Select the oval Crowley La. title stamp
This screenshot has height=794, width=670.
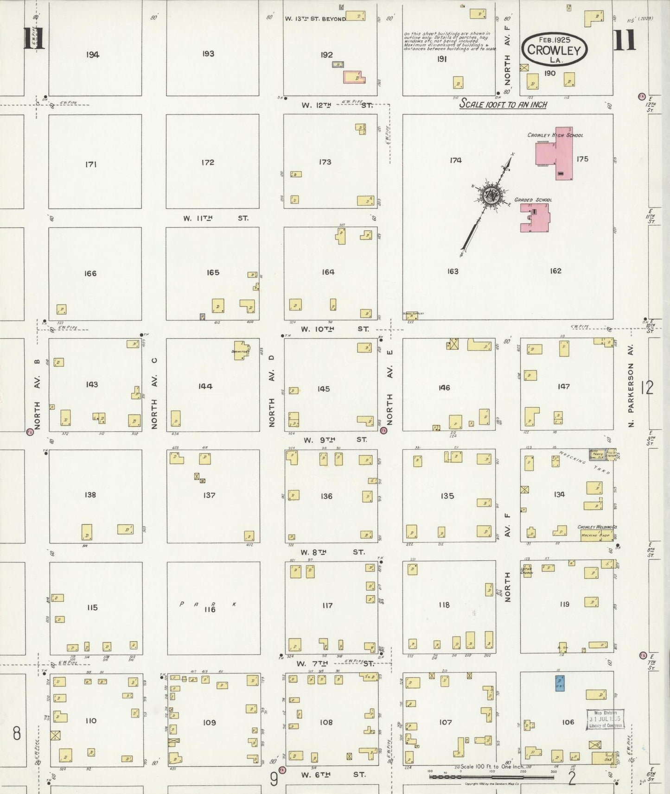point(554,50)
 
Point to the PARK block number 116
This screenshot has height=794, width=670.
point(210,610)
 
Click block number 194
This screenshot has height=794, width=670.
point(93,55)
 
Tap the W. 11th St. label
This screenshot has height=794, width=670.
point(216,218)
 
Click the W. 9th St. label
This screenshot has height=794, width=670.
point(334,440)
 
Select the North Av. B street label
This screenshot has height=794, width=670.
point(38,394)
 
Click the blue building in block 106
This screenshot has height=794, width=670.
point(560,683)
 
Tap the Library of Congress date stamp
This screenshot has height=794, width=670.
point(605,719)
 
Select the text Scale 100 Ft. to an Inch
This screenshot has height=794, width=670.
point(503,105)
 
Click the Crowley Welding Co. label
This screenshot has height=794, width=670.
point(597,527)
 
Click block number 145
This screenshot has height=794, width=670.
point(324,389)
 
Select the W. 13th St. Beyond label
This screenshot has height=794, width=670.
point(315,19)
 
